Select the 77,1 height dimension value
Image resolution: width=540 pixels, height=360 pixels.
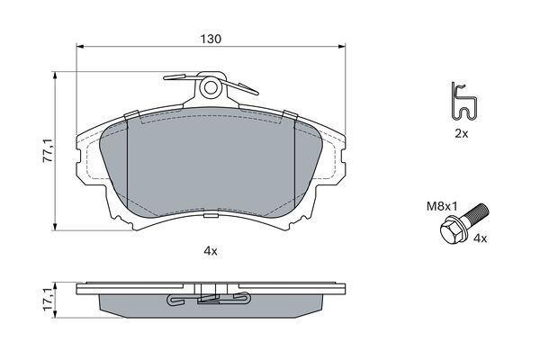(47, 149)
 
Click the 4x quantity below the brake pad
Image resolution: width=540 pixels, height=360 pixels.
(211, 251)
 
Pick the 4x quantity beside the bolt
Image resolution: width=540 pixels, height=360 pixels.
(480, 238)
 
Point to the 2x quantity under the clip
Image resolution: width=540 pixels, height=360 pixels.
(461, 132)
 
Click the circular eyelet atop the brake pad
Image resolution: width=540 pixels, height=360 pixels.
(211, 87)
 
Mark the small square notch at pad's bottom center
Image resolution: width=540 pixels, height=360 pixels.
(210, 216)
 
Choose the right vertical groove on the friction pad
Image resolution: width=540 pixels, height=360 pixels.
(296, 162)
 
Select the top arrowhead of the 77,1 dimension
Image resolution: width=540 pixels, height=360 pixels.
(59, 78)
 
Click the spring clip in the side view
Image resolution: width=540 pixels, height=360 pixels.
(211, 298)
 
